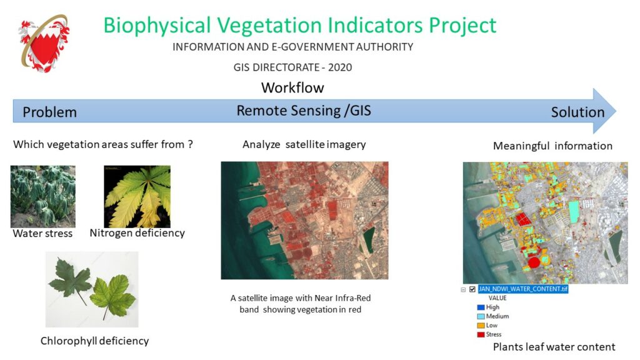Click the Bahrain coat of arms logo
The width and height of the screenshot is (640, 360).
pyautogui.click(x=44, y=43)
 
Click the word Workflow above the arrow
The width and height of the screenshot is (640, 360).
pyautogui.click(x=292, y=87)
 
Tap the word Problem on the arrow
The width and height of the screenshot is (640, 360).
pyautogui.click(x=50, y=112)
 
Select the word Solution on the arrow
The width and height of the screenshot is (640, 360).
pyautogui.click(x=577, y=112)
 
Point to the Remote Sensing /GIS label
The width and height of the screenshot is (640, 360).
pyautogui.click(x=304, y=111)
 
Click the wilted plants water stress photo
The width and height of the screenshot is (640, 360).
pyautogui.click(x=43, y=196)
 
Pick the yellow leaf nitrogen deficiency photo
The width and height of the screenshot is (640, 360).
pyautogui.click(x=137, y=196)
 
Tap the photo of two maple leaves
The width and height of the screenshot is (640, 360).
pyautogui.click(x=92, y=289)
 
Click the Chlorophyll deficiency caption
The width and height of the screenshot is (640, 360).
pyautogui.click(x=95, y=341)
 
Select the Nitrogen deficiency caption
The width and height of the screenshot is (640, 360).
pyautogui.click(x=137, y=233)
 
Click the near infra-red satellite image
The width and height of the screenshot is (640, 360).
pyautogui.click(x=304, y=221)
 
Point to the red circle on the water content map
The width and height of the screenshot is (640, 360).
pyautogui.click(x=534, y=262)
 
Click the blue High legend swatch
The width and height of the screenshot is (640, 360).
pyautogui.click(x=481, y=307)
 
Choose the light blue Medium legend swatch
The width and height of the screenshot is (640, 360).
pyautogui.click(x=481, y=316)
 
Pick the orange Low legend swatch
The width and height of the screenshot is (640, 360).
pyautogui.click(x=481, y=325)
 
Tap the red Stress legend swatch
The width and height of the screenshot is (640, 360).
pyautogui.click(x=481, y=334)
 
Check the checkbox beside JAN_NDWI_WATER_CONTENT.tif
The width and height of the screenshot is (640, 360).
pyautogui.click(x=472, y=289)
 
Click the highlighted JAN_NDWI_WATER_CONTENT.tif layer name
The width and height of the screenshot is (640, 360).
pyautogui.click(x=523, y=289)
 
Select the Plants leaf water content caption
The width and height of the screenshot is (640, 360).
pyautogui.click(x=554, y=347)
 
